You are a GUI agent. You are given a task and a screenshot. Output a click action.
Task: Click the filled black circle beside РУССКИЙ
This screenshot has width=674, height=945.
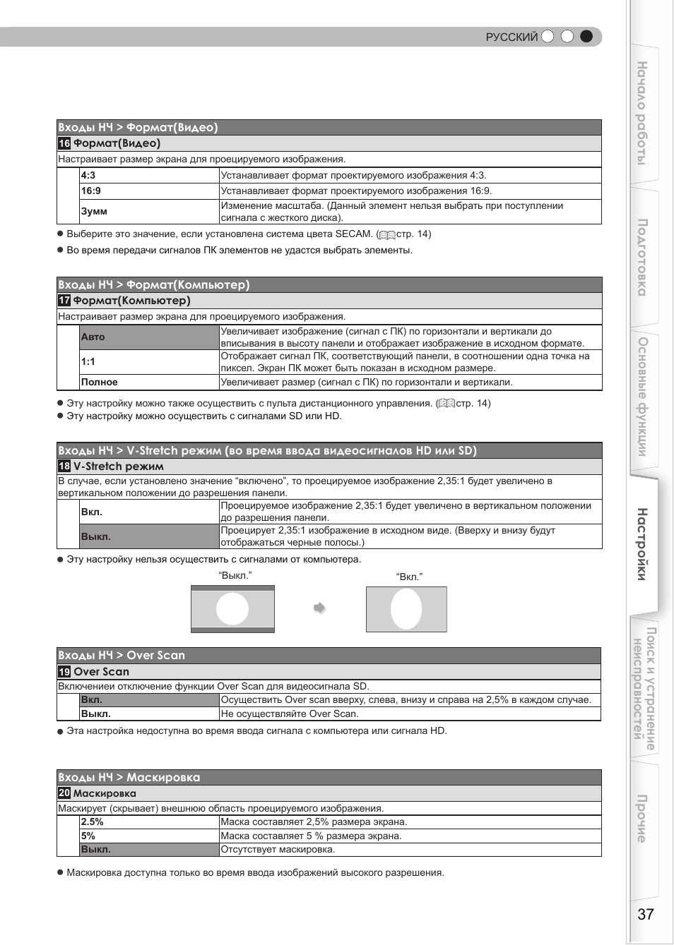pyautogui.click(x=586, y=37)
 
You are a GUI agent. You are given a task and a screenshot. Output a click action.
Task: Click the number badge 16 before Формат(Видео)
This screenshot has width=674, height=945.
pyautogui.click(x=64, y=143)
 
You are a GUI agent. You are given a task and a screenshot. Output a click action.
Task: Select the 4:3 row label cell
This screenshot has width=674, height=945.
pyautogui.click(x=149, y=176)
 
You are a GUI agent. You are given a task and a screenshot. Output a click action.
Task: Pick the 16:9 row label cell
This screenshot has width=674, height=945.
pyautogui.click(x=149, y=191)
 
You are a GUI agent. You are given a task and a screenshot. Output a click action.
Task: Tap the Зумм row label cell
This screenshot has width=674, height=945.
pyautogui.click(x=149, y=212)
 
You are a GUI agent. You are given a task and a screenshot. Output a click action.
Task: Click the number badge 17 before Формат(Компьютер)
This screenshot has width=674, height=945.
pyautogui.click(x=64, y=301)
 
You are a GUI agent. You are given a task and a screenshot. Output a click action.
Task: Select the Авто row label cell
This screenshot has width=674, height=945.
pyautogui.click(x=149, y=337)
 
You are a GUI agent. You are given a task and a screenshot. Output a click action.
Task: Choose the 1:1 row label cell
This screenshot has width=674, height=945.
pyautogui.click(x=149, y=362)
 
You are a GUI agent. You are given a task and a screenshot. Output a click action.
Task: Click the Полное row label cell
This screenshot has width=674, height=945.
pyautogui.click(x=149, y=383)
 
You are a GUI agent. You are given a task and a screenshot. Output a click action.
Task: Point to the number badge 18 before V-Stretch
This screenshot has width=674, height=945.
pyautogui.click(x=64, y=467)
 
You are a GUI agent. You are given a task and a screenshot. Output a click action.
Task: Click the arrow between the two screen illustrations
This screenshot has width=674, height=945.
pyautogui.click(x=319, y=608)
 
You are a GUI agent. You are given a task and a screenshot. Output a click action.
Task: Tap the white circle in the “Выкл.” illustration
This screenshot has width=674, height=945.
pyautogui.click(x=232, y=608)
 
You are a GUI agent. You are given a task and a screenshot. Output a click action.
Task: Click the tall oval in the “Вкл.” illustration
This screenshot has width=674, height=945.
pyautogui.click(x=406, y=609)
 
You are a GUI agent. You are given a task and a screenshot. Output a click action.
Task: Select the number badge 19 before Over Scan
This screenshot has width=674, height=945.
pyautogui.click(x=64, y=672)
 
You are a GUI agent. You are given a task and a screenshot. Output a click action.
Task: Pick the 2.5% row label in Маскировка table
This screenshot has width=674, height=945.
pyautogui.click(x=149, y=822)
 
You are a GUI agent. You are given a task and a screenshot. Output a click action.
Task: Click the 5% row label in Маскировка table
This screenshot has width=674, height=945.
pyautogui.click(x=149, y=836)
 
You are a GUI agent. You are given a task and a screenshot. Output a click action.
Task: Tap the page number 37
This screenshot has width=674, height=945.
pyautogui.click(x=646, y=915)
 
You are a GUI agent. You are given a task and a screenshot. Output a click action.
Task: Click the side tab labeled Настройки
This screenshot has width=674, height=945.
pyautogui.click(x=642, y=543)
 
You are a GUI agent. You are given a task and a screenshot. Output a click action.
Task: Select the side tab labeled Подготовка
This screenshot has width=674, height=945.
pyautogui.click(x=642, y=258)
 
